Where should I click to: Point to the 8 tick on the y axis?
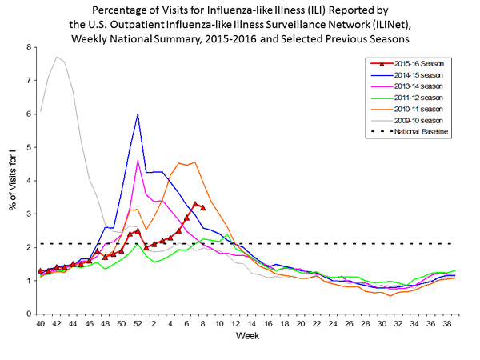(x=30, y=47)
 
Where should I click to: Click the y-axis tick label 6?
(x=30, y=114)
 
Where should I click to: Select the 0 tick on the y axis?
(x=30, y=314)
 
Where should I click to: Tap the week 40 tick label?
(x=40, y=323)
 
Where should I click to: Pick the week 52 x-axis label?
(x=138, y=323)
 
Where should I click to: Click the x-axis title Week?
(x=246, y=336)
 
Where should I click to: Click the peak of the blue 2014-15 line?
(x=138, y=114)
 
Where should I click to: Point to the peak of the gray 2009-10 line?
(x=57, y=57)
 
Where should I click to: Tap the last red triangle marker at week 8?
(x=203, y=207)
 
